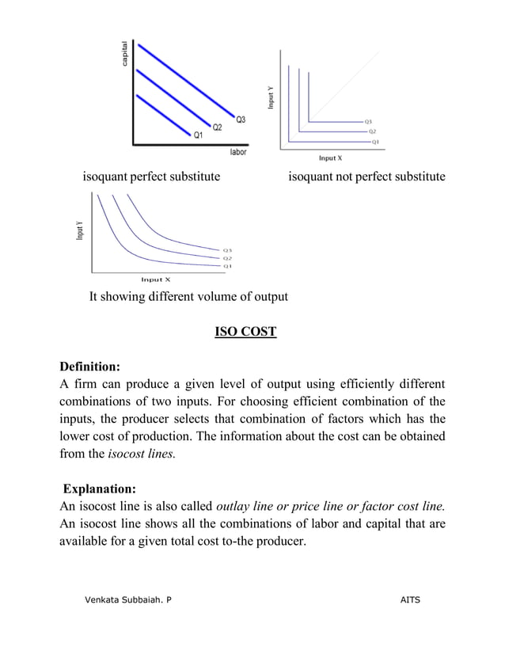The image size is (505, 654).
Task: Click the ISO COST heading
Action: point(245,331)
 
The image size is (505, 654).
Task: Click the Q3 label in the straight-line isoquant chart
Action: point(240,120)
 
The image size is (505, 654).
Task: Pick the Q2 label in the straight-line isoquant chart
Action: point(217,127)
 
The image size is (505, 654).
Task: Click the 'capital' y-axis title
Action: point(124,53)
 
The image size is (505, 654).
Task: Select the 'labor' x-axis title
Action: point(237,152)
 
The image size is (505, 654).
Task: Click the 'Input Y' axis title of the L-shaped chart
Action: point(271,98)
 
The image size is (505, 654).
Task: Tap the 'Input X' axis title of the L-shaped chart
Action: point(330,158)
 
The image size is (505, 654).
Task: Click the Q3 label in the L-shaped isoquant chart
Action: point(369,121)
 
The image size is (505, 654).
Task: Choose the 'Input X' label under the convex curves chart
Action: point(155,279)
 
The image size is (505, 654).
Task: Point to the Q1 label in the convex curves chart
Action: point(227,267)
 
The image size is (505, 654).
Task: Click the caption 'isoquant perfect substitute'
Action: point(151,176)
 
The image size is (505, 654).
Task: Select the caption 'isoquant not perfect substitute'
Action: point(366,176)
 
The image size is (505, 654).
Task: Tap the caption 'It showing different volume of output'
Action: point(188,297)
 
